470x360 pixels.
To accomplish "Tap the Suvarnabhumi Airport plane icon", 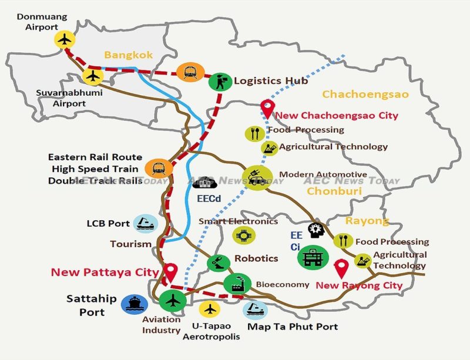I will (92, 76).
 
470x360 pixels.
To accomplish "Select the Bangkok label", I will (124, 55).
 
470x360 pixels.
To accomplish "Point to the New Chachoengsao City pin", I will (267, 109).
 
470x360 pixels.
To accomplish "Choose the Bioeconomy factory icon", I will (237, 284).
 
